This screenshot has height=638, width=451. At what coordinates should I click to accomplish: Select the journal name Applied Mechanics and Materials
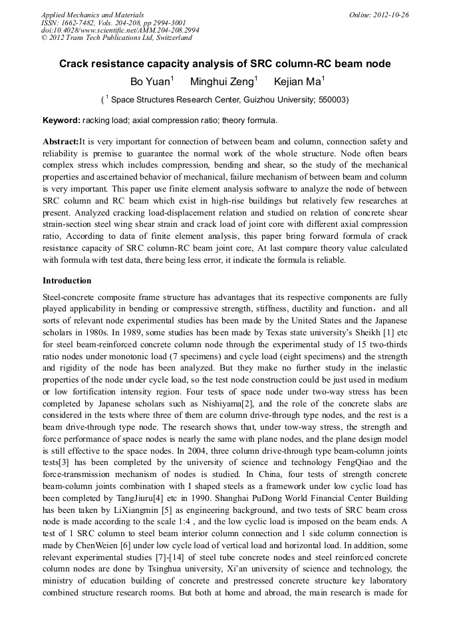tap(92, 15)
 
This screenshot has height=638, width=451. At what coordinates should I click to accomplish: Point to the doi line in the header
tap(119, 30)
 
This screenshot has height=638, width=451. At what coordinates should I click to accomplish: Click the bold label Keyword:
tap(61, 120)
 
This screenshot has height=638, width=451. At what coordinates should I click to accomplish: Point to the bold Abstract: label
tap(61, 142)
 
